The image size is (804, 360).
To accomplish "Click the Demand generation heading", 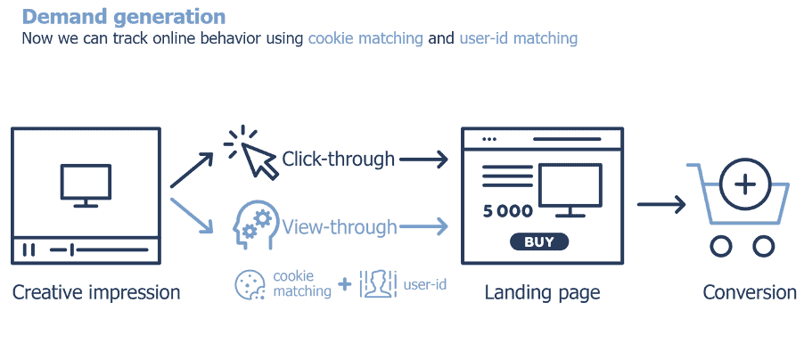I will [123, 17].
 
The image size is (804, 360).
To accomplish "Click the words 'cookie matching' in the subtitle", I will [365, 38].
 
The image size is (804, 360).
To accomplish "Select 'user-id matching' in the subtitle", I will [519, 38].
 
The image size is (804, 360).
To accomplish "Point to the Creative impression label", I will [96, 292].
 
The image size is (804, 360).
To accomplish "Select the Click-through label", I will [338, 160].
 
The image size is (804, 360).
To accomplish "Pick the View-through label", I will [340, 227].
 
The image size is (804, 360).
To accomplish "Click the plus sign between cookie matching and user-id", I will [345, 285].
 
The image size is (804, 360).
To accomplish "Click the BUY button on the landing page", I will [538, 241].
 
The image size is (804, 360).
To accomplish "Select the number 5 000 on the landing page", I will [507, 211].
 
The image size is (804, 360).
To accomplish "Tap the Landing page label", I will [542, 292].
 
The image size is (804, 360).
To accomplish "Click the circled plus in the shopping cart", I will [745, 184].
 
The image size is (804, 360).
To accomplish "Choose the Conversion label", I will [750, 292].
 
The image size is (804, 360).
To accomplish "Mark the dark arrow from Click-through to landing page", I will [423, 160].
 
